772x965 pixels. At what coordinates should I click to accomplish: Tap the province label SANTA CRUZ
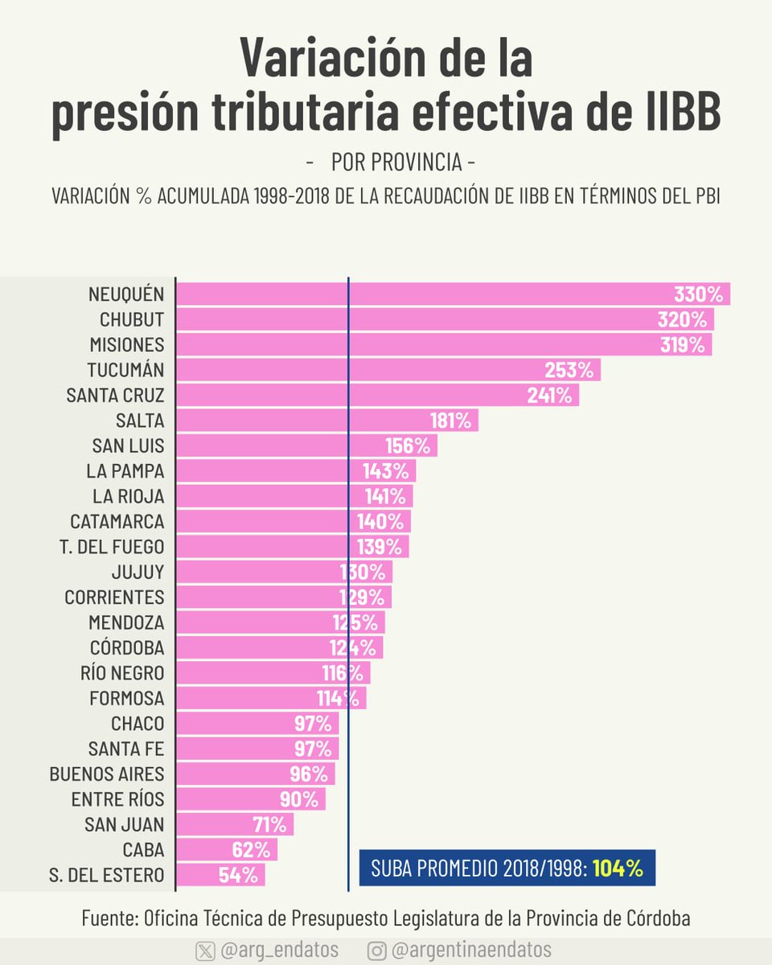point(116,396)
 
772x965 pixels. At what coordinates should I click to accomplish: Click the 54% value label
point(237,875)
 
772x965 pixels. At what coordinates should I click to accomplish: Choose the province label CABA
point(143,850)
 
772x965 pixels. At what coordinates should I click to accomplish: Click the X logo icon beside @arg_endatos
point(205,951)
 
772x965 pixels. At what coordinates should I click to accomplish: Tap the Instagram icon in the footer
point(376,951)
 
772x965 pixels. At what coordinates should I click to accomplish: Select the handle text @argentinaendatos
point(471,951)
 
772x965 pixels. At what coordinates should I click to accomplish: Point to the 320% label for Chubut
point(681,320)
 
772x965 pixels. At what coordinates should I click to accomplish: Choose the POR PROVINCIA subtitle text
point(396,162)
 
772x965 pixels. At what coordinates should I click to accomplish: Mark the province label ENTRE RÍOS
point(117,799)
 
